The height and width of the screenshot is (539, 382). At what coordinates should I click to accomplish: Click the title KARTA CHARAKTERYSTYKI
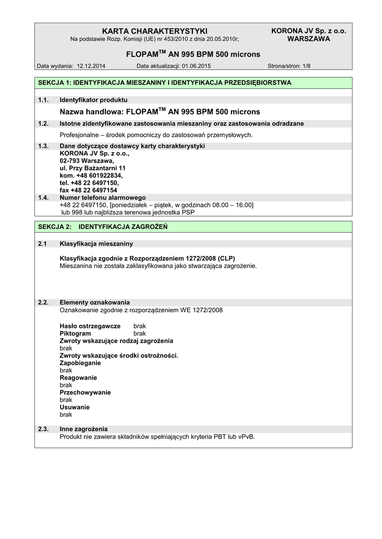pos(155,31)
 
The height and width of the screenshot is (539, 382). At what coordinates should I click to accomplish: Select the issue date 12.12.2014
pos(91,66)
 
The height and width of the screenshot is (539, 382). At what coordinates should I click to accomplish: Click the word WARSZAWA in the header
pos(308,39)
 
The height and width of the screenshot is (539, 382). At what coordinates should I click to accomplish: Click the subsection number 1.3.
pos(44,146)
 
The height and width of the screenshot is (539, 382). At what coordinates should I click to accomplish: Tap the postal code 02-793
pos(70,161)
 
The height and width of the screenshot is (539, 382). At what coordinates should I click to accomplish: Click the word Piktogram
pos(75,333)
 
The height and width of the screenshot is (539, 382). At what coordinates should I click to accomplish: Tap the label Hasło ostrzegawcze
pos(90,326)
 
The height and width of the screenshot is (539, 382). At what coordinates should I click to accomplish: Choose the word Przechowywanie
pos(85,392)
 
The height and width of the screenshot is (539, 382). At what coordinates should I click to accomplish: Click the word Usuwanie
pos(75,407)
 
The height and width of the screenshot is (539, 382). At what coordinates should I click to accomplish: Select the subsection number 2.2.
pos(44,302)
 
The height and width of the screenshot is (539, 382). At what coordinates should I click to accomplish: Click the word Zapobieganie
pos(81,363)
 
